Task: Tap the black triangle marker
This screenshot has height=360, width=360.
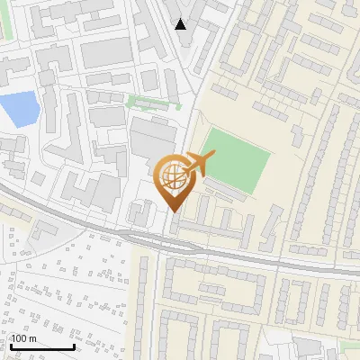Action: click(181, 24)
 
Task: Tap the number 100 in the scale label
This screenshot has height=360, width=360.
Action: click(19, 338)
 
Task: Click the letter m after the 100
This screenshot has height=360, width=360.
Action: click(32, 338)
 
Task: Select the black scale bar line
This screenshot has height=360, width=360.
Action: click(41, 346)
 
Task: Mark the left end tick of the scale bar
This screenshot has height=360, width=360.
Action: click(10, 345)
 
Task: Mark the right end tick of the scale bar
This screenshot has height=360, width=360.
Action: click(74, 345)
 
